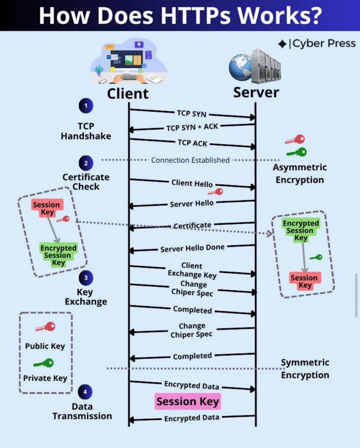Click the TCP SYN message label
point(191,113)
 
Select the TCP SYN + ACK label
point(192,127)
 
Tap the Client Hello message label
point(192,183)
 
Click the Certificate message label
point(192,225)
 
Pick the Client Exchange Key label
point(192,270)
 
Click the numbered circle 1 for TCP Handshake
point(86,106)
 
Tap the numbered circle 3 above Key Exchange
point(86,278)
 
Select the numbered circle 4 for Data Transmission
point(85,392)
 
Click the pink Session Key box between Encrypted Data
point(188,402)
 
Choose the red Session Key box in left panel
point(47,208)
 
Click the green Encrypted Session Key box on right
point(301,231)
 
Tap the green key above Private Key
point(44,363)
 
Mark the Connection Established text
point(190,160)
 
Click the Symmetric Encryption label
point(305,369)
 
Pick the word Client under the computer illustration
point(128,93)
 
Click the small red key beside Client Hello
point(216,192)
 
